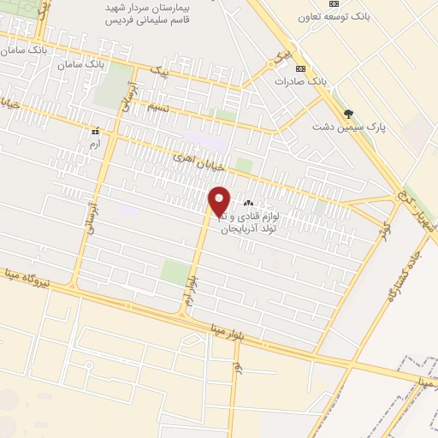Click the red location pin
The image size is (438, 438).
220,201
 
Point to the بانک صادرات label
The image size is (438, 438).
301,81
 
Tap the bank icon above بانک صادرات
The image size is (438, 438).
300,68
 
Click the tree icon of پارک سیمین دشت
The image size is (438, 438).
348,113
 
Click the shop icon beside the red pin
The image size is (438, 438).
249,203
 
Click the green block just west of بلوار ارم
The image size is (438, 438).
175,272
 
